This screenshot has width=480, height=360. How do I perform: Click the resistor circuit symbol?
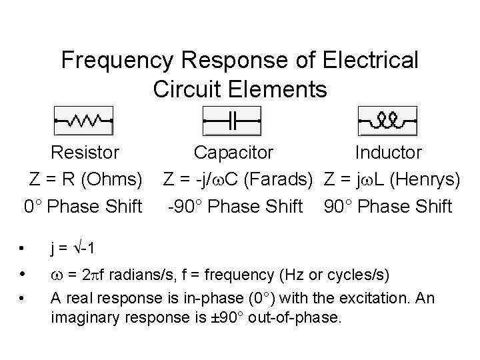click(83, 121)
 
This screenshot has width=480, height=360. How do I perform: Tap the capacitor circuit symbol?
click(232, 121)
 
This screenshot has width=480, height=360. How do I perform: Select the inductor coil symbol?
click(387, 121)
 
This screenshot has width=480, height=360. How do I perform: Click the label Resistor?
click(85, 153)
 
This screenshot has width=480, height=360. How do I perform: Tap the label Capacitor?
click(233, 153)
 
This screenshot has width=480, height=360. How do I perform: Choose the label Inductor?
click(388, 153)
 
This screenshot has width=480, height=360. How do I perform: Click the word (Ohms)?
click(110, 179)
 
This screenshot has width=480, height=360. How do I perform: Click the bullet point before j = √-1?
click(22, 249)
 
